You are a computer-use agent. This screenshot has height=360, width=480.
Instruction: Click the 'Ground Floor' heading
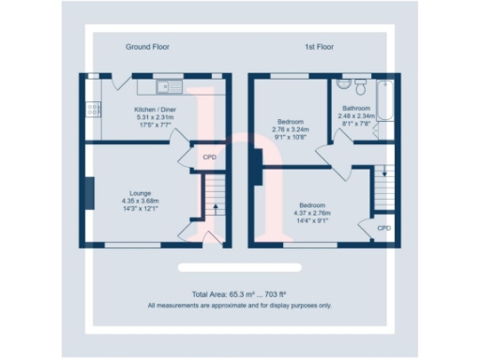click(x=146, y=46)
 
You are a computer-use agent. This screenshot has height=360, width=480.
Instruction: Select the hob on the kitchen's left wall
click(x=94, y=110)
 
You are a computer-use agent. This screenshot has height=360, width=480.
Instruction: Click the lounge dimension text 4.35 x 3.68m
click(x=140, y=201)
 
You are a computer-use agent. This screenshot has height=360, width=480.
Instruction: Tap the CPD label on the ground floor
click(x=209, y=157)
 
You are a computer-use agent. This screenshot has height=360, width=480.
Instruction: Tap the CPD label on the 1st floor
click(x=383, y=228)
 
